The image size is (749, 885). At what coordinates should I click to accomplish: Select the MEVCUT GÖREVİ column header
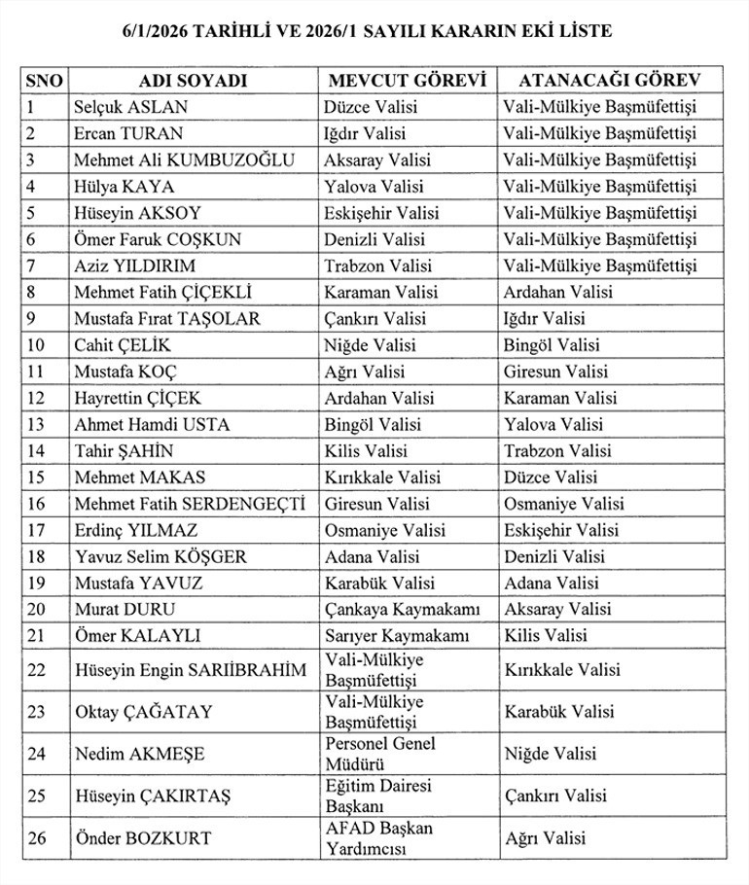tap(408, 81)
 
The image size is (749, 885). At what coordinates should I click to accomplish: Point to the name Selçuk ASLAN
tap(130, 107)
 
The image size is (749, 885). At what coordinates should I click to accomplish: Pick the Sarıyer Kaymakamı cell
tap(397, 636)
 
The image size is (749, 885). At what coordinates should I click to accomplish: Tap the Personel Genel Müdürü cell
tap(380, 754)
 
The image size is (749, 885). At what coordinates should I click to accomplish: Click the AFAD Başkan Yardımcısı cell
tap(379, 838)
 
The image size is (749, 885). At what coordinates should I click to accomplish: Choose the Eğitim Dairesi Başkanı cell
tap(378, 796)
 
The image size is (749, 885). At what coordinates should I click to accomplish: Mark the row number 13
tap(35, 424)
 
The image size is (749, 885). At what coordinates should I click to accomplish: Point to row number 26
tap(36, 838)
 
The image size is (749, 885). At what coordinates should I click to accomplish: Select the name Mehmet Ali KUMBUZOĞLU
tap(184, 160)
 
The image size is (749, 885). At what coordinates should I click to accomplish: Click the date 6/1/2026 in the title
tap(157, 31)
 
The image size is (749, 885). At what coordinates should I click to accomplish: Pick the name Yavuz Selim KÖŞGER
tap(160, 557)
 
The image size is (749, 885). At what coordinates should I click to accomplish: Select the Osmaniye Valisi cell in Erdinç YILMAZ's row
tap(385, 531)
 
